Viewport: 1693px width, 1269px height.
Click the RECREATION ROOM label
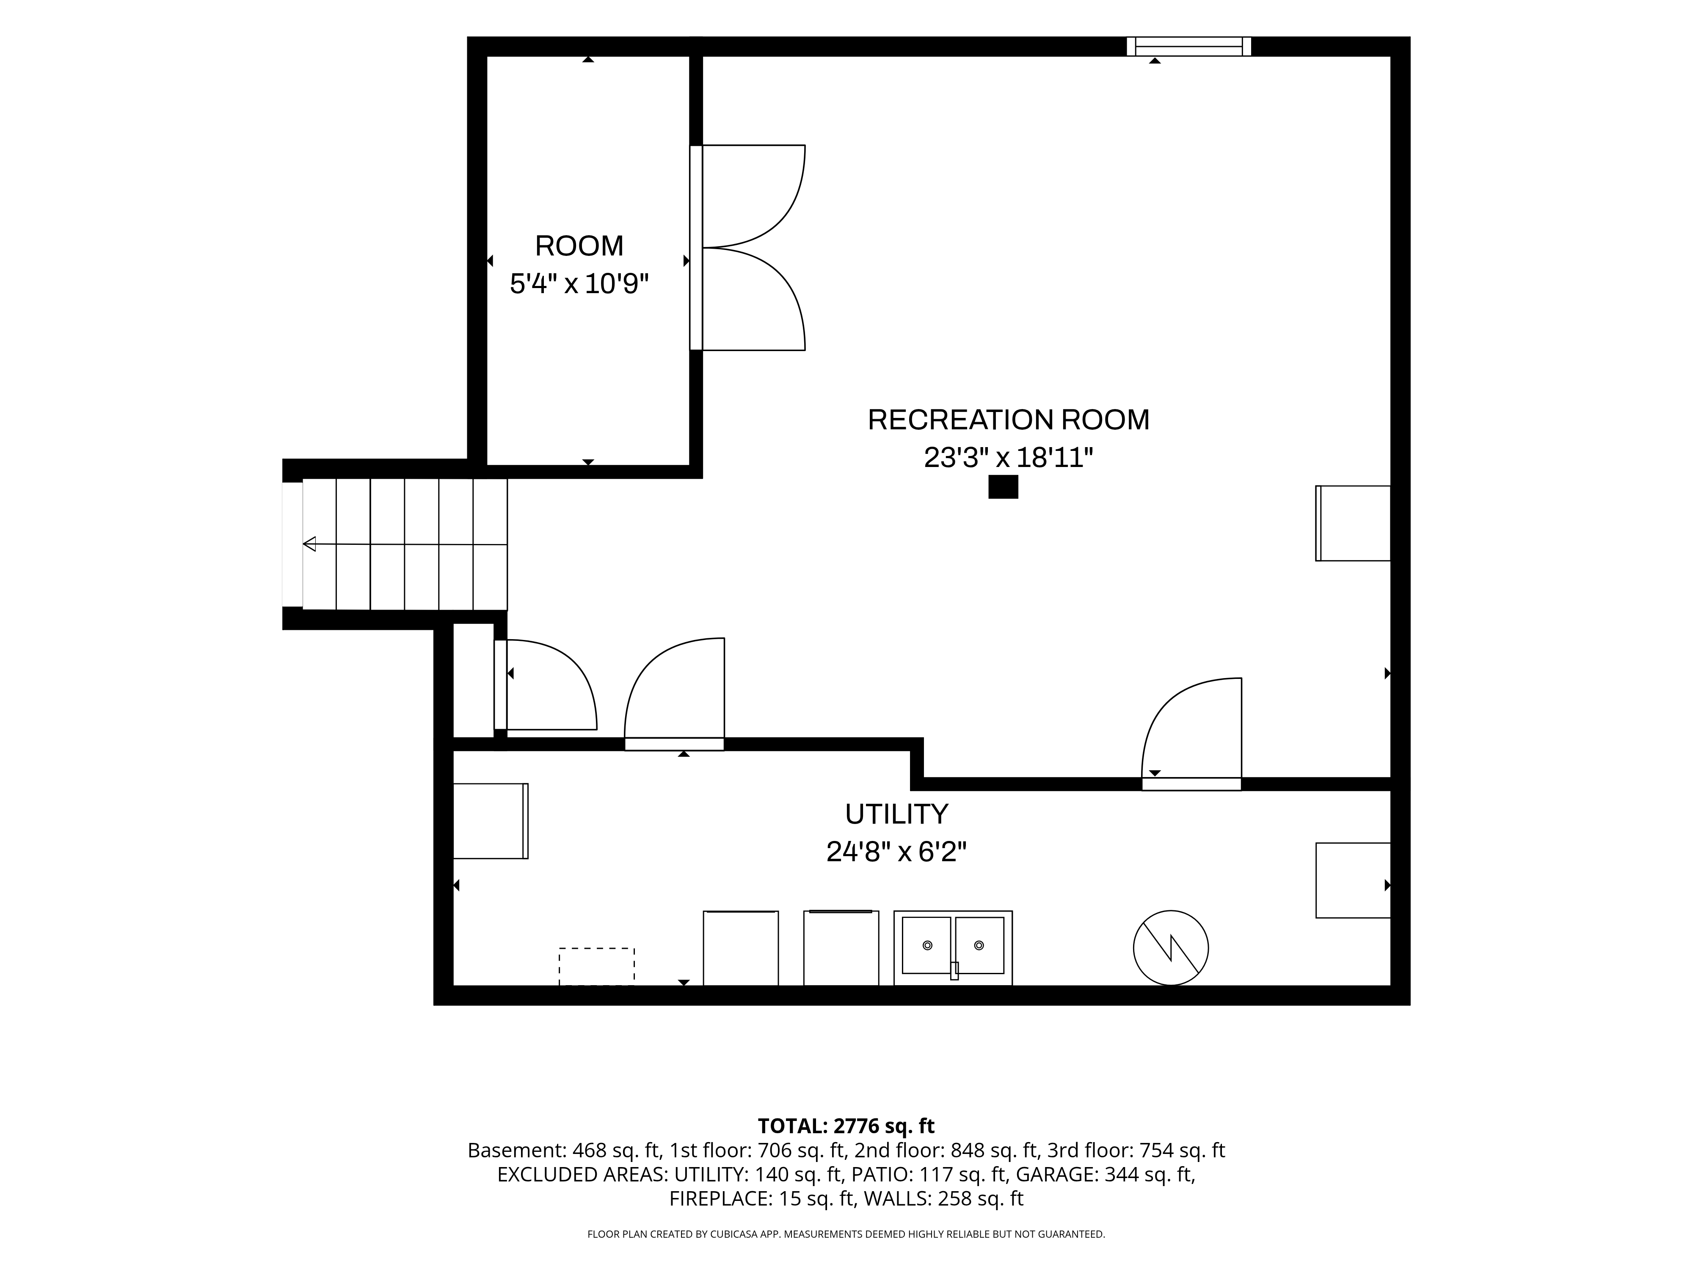[1008, 420]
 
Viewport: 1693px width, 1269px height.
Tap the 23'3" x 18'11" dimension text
[1008, 457]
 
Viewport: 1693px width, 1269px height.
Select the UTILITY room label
[896, 814]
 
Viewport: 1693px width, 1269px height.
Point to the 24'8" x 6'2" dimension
[896, 851]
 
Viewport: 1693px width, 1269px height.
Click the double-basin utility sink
[953, 948]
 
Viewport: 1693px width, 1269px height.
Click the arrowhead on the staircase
[309, 544]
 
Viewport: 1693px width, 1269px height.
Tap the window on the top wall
[1188, 47]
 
